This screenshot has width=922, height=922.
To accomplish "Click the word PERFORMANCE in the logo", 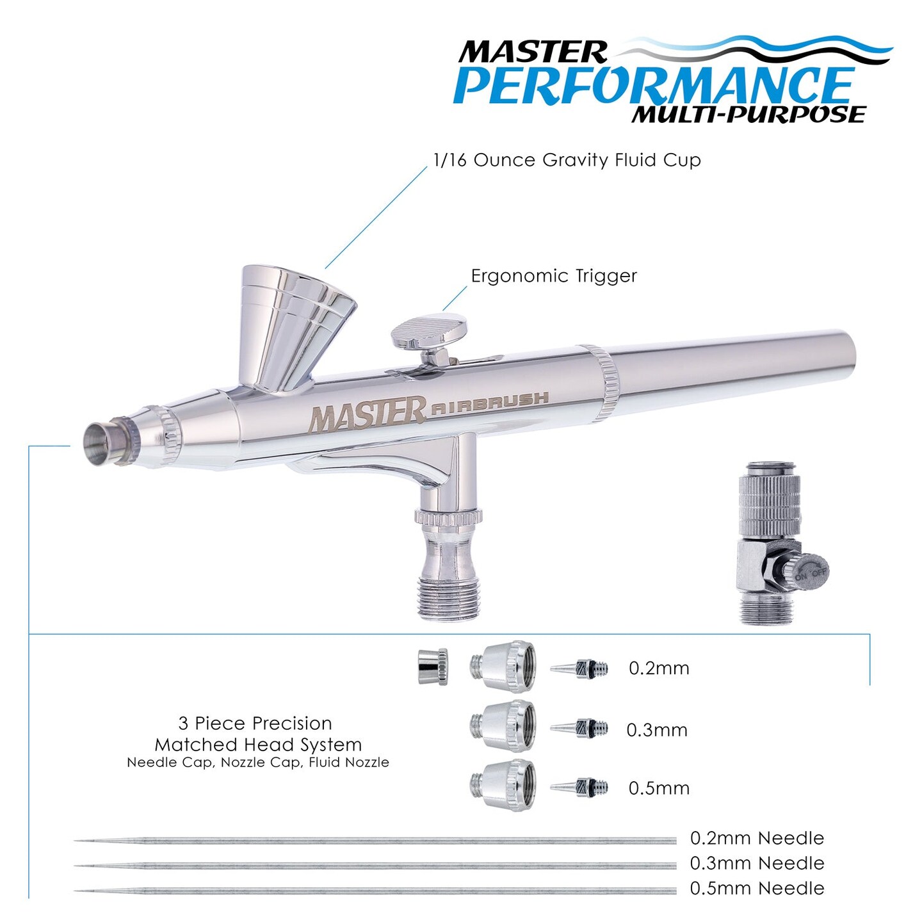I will pos(653,85).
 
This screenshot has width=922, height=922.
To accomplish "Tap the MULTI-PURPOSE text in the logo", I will pos(748,115).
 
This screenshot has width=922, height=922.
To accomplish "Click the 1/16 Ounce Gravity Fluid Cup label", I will pos(567,160).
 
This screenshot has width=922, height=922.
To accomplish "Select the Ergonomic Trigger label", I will pos(554,276).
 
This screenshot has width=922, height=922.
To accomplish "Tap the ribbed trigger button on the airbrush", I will pos(428,332).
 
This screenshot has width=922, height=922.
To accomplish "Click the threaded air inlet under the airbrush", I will pos(448,595).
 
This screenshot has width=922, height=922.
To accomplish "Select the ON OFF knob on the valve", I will pos(810,572).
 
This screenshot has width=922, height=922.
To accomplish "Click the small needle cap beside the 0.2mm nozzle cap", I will pos(433,667).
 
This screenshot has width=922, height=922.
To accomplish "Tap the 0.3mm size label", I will pos(656,731).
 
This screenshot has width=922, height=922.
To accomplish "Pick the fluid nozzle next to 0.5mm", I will pos(579,787).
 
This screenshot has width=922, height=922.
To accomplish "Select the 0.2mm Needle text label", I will pos(757,838).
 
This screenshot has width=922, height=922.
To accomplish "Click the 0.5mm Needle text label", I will pos(757,889).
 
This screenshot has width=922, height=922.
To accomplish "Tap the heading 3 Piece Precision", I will pos(255,724).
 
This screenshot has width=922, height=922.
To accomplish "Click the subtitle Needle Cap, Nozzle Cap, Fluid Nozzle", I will pos(257,763).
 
